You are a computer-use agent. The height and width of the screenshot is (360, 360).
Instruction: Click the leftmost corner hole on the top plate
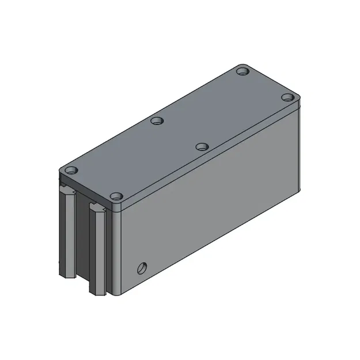pos(71,171)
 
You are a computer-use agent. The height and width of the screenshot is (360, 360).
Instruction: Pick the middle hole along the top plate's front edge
pos(201,147)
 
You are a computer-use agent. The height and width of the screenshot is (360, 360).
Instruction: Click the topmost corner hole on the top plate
pos(242,71)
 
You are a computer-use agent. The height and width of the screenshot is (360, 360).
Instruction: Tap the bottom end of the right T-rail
pos(98,291)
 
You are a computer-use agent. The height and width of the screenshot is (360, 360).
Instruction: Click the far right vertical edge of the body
pos(300,150)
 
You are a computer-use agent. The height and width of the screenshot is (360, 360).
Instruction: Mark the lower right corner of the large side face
pos(299,191)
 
